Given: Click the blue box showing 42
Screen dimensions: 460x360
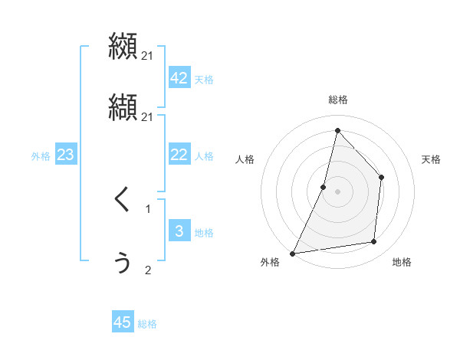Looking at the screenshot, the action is pyautogui.click(x=179, y=78).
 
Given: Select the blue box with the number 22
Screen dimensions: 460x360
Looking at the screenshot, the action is pyautogui.click(x=179, y=155).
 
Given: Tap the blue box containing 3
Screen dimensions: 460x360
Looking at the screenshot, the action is pyautogui.click(x=179, y=232).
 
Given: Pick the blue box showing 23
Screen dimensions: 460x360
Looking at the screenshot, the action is pyautogui.click(x=65, y=155).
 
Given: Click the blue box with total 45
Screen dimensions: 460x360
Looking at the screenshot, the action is pyautogui.click(x=123, y=322).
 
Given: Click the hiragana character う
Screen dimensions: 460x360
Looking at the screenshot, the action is pyautogui.click(x=122, y=263).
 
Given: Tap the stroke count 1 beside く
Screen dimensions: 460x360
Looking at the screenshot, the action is pyautogui.click(x=148, y=208).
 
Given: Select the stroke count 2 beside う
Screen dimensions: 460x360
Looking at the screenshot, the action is pyautogui.click(x=148, y=270).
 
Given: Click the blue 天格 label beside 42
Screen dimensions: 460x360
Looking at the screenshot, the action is pyautogui.click(x=204, y=80).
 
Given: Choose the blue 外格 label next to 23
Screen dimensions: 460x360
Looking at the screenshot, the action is pyautogui.click(x=41, y=156).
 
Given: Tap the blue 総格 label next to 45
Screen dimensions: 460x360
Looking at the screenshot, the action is pyautogui.click(x=147, y=324).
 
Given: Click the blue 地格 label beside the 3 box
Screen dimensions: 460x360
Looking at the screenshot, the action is pyautogui.click(x=204, y=233).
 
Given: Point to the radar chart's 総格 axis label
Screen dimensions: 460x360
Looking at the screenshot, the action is pyautogui.click(x=338, y=100).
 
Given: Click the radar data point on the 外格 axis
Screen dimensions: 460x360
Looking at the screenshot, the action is pyautogui.click(x=292, y=253).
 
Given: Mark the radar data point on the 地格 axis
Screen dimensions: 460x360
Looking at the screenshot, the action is pyautogui.click(x=374, y=241).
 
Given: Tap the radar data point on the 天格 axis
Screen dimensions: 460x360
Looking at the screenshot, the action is pyautogui.click(x=381, y=178).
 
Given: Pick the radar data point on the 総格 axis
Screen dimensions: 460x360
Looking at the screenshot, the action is pyautogui.click(x=337, y=130).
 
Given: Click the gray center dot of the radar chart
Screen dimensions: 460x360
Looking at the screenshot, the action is pyautogui.click(x=337, y=191).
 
